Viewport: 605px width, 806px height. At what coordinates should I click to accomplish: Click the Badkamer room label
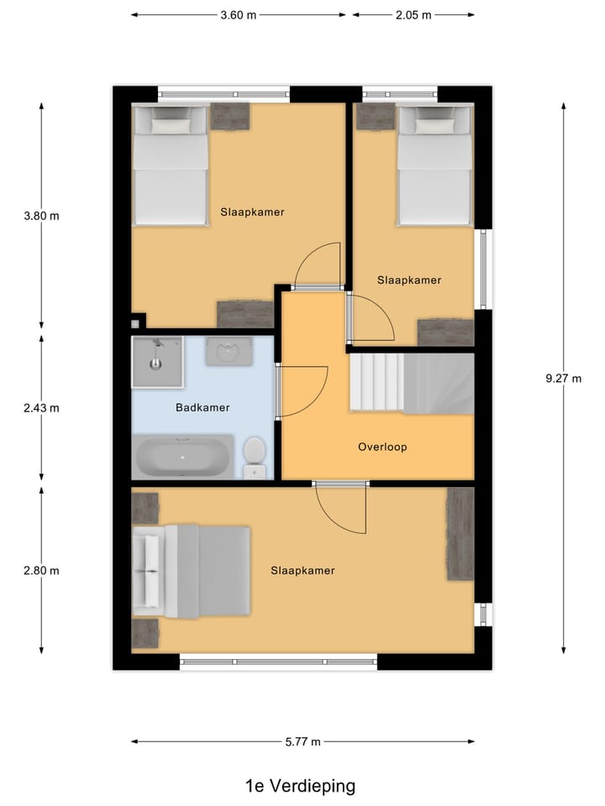tap(203, 408)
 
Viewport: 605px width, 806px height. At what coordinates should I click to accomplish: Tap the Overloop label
tap(382, 447)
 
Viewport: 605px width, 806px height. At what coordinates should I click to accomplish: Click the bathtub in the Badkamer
tap(182, 457)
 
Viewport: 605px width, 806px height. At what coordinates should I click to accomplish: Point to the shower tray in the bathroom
tap(157, 362)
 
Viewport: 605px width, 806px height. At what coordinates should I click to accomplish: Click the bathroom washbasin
tap(229, 351)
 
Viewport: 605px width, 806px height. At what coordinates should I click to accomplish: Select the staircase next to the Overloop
tap(411, 383)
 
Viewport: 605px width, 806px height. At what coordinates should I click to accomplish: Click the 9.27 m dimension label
tap(563, 379)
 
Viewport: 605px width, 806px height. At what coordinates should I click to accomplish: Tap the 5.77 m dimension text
tap(302, 742)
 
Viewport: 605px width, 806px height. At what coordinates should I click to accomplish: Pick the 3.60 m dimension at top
tap(238, 15)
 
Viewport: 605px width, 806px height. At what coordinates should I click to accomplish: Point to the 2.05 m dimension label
tap(413, 15)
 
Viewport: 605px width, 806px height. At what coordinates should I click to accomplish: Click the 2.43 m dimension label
tap(42, 409)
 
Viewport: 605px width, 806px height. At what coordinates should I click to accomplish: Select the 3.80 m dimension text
tap(42, 215)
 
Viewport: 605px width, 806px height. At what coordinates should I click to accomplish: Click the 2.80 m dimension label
tap(42, 571)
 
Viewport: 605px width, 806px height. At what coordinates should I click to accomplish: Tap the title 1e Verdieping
tap(300, 787)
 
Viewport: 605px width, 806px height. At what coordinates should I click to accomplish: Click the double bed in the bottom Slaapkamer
tap(192, 571)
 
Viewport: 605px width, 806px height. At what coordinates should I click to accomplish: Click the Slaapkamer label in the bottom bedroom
tap(302, 571)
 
